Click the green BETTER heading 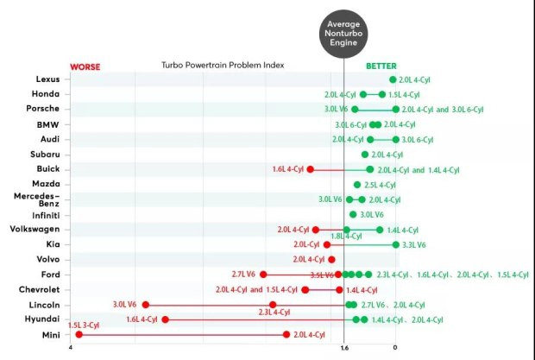(x=381, y=66)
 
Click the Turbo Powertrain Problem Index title (x=223, y=66)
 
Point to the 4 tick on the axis (x=71, y=348)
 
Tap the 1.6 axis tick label (x=344, y=348)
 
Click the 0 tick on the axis (x=395, y=348)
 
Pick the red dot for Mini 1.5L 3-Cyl (x=79, y=334)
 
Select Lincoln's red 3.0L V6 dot (x=146, y=305)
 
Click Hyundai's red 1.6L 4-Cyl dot (x=165, y=319)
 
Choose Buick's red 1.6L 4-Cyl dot (x=310, y=169)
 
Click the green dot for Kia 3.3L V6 (x=395, y=244)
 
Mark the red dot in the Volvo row (x=331, y=259)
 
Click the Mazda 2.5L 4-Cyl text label (x=381, y=185)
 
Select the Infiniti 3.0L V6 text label (x=372, y=214)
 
